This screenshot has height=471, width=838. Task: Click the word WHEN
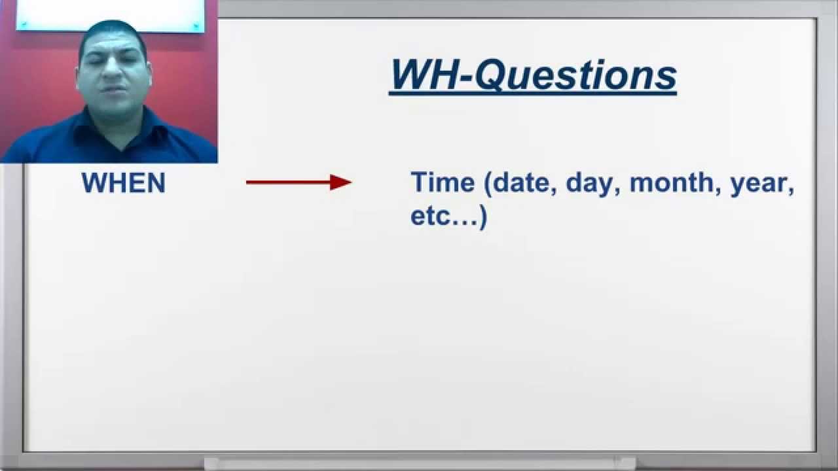123,183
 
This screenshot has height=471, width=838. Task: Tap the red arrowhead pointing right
341,183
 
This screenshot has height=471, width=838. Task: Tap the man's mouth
116,94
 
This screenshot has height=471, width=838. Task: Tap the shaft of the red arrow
288,183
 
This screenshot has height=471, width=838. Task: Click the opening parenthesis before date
488,183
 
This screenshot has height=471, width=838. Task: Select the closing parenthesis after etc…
483,217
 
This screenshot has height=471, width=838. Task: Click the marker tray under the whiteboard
419,463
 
